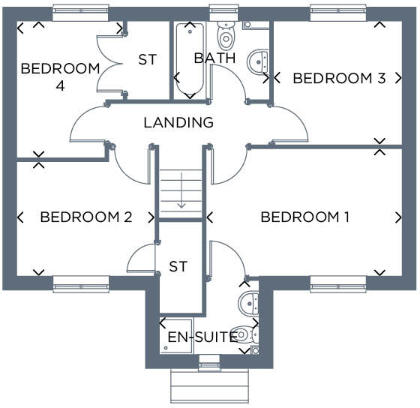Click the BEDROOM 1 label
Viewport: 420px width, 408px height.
pyautogui.click(x=304, y=217)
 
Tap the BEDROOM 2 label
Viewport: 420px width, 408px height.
pyautogui.click(x=86, y=217)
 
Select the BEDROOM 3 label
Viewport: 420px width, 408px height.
pyautogui.click(x=339, y=78)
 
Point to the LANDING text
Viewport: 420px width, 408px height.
pyautogui.click(x=178, y=122)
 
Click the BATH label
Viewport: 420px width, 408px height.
pyautogui.click(x=214, y=58)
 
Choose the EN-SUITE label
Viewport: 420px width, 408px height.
pyautogui.click(x=202, y=337)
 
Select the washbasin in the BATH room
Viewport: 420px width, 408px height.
pyautogui.click(x=259, y=59)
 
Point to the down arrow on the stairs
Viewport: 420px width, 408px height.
pyautogui.click(x=180, y=201)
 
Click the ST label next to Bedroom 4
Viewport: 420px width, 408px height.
pyautogui.click(x=147, y=60)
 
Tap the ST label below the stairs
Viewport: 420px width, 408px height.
pyautogui.click(x=178, y=266)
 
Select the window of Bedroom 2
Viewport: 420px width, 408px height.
pyautogui.click(x=80, y=283)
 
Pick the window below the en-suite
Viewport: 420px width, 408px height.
pyautogui.click(x=209, y=364)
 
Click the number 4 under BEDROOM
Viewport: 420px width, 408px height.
pyautogui.click(x=61, y=85)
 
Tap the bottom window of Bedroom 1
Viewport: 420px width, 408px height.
pyautogui.click(x=338, y=283)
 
